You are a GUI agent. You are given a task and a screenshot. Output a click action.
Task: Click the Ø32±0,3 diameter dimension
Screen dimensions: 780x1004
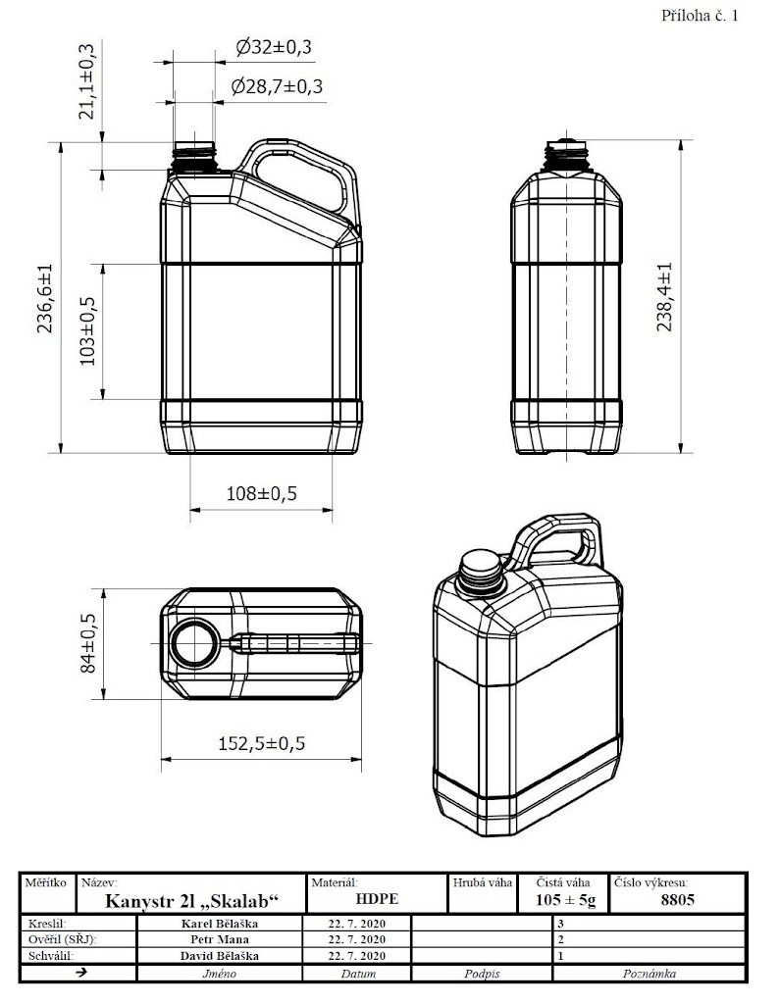point(274,47)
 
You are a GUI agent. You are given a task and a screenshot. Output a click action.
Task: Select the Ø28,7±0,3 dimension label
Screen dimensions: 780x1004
point(277,86)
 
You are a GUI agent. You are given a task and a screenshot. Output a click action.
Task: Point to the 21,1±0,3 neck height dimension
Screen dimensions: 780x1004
point(86,80)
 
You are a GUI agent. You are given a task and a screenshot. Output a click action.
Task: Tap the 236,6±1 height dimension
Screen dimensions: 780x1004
point(47,298)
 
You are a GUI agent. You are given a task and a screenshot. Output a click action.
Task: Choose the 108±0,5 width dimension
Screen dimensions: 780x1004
point(262,494)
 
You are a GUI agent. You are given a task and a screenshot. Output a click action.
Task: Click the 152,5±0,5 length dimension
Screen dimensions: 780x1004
point(262,743)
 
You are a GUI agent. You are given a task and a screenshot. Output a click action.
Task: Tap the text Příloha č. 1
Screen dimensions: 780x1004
point(700,16)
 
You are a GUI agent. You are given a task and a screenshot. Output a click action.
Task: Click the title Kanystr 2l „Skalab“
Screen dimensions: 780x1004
point(192,901)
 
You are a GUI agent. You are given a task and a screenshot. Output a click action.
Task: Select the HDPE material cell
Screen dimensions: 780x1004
point(377,899)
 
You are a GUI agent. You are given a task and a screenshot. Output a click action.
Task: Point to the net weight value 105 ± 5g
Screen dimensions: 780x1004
point(565,900)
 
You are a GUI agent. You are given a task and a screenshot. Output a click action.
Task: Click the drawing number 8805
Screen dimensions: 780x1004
point(677,900)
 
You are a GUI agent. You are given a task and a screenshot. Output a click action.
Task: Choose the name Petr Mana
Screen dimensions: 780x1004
point(220,939)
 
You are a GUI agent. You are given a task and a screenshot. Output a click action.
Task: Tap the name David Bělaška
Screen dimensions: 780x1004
point(220,955)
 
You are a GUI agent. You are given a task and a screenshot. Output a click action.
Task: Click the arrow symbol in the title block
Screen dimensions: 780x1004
point(80,972)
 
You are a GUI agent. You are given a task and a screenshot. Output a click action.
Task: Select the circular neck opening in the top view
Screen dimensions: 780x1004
point(194,643)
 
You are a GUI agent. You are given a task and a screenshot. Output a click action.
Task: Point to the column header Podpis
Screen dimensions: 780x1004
point(482,974)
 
